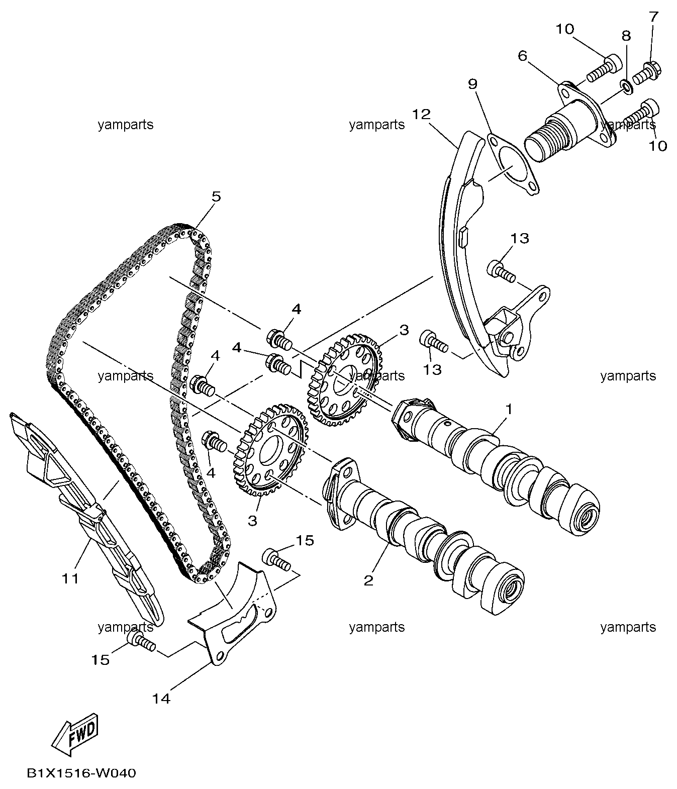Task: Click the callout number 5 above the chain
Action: pyautogui.click(x=216, y=197)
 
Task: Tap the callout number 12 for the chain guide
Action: pyautogui.click(x=421, y=114)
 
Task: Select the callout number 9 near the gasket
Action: pyautogui.click(x=473, y=84)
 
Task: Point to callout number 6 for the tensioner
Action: pyautogui.click(x=522, y=56)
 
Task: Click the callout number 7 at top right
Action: pyautogui.click(x=654, y=17)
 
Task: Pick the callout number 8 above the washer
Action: pyautogui.click(x=626, y=36)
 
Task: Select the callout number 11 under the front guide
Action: pyautogui.click(x=70, y=578)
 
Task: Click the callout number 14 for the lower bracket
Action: pyautogui.click(x=161, y=699)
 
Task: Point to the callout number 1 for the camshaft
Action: pyautogui.click(x=508, y=410)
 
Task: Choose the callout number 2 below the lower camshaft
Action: pyautogui.click(x=368, y=581)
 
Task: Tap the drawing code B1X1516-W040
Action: pyautogui.click(x=81, y=773)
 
